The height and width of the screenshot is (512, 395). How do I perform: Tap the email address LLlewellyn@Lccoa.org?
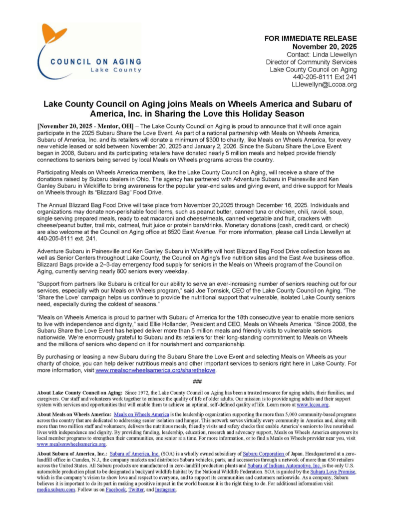324,85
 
